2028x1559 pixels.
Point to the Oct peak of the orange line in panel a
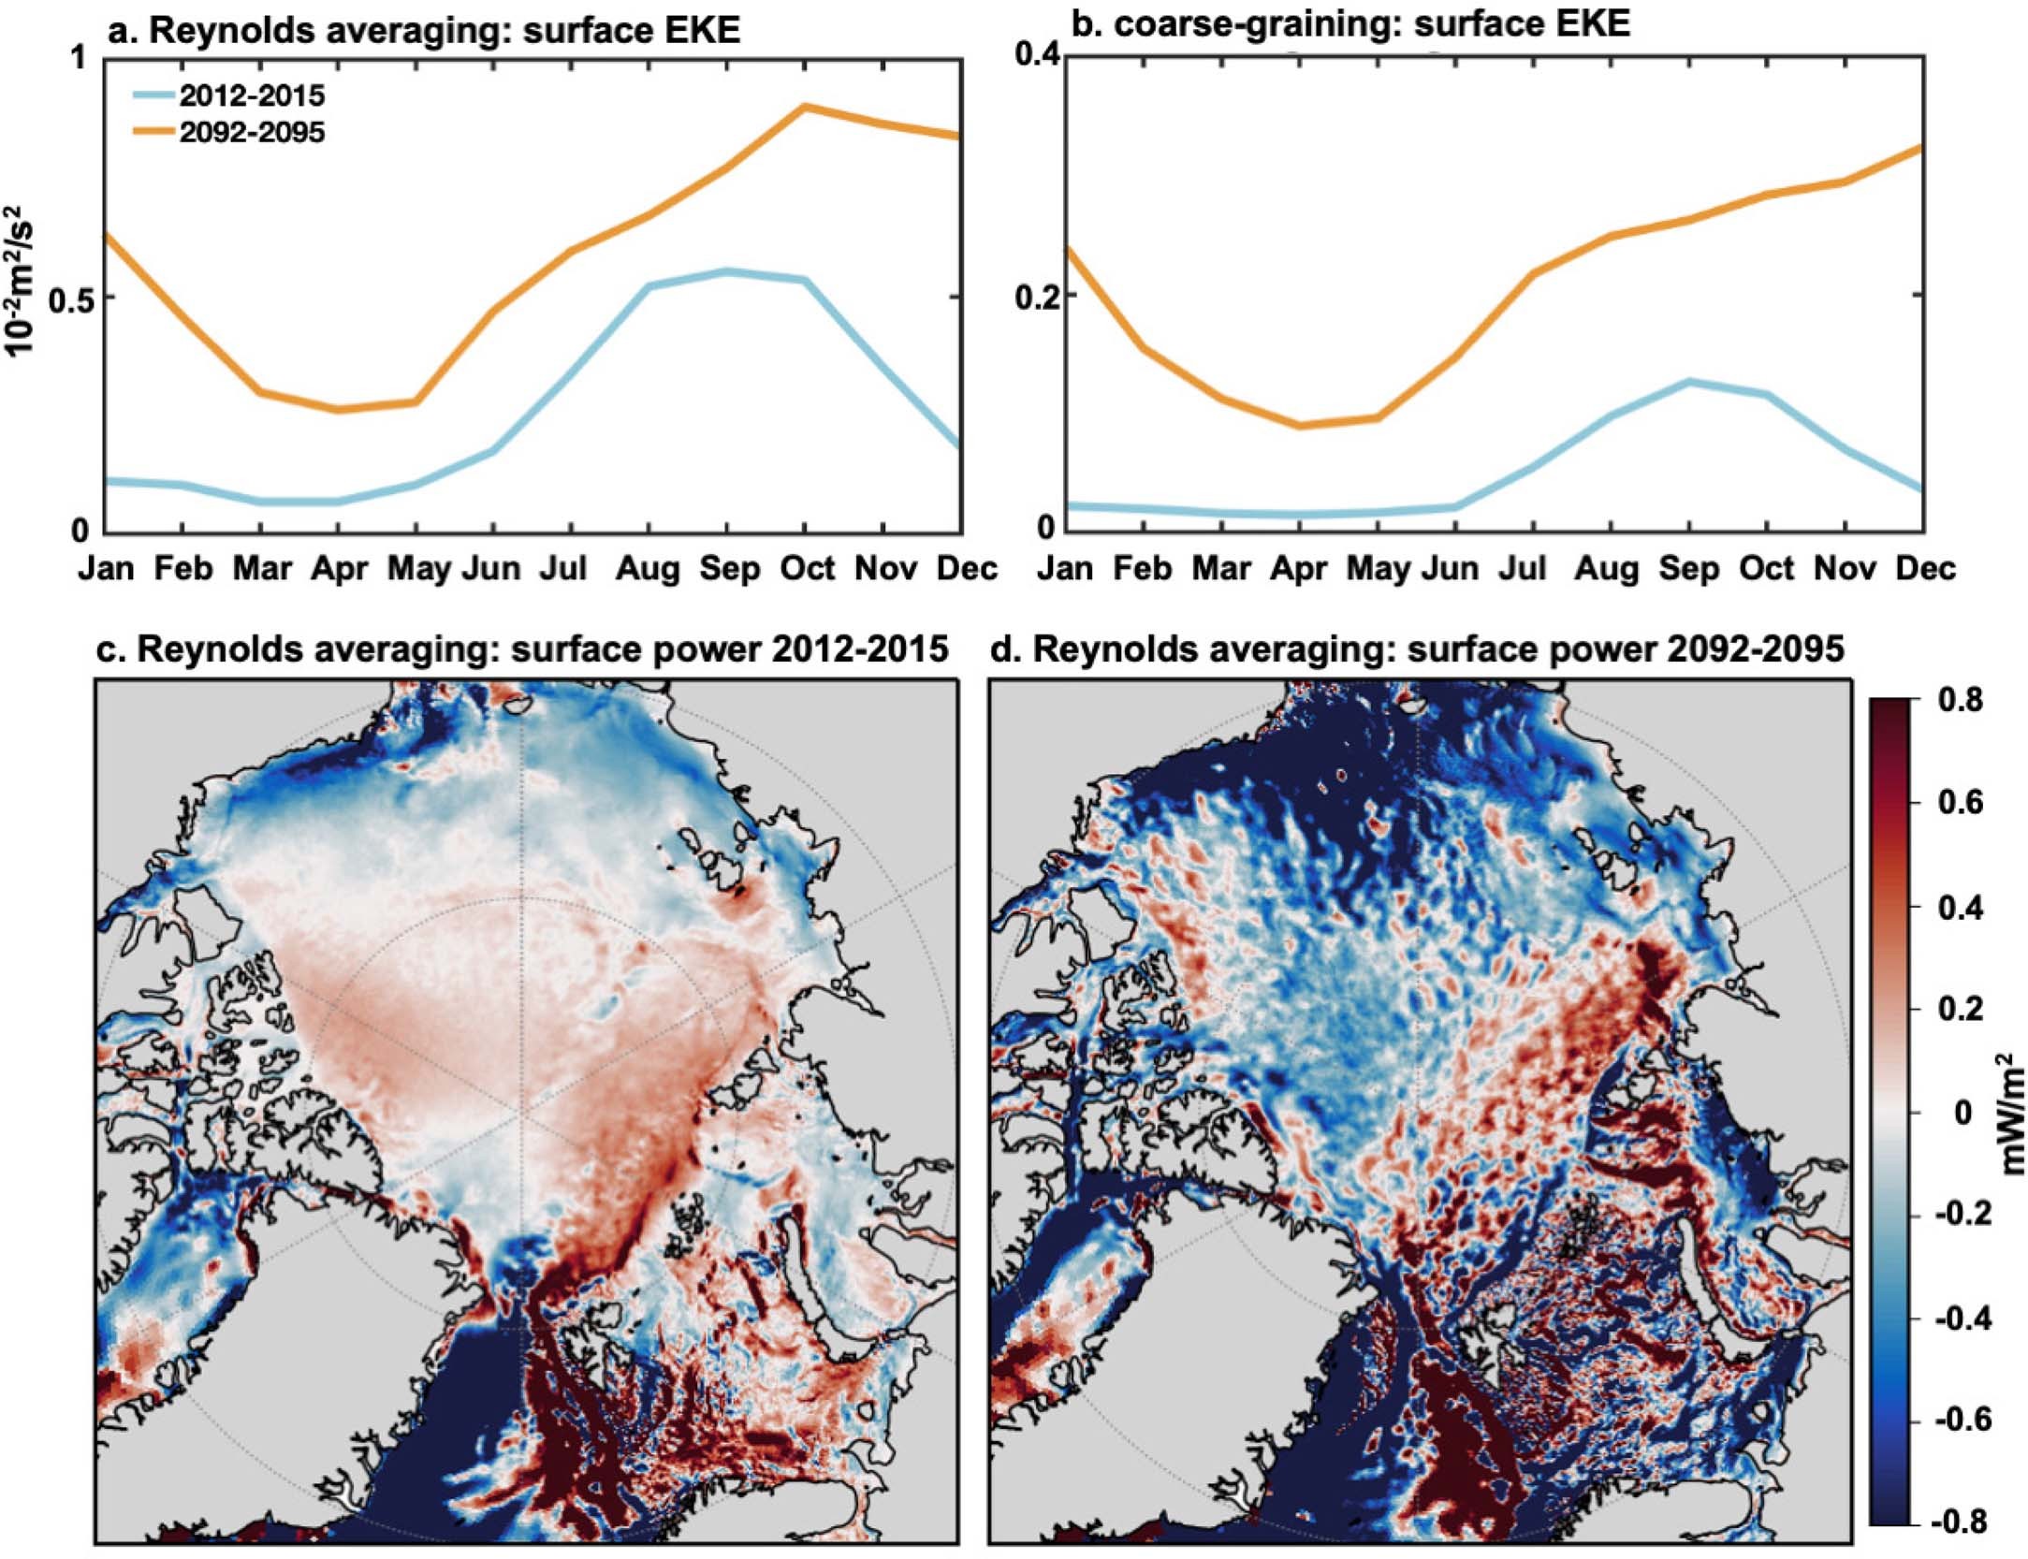coord(804,107)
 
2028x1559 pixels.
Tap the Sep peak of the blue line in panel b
coord(1688,381)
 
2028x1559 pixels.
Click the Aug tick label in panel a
coord(648,569)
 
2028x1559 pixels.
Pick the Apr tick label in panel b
coord(1299,569)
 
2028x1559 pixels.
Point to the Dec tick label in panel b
coord(1926,569)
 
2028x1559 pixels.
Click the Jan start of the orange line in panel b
coord(1068,248)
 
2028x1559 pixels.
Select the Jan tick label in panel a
coord(106,569)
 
